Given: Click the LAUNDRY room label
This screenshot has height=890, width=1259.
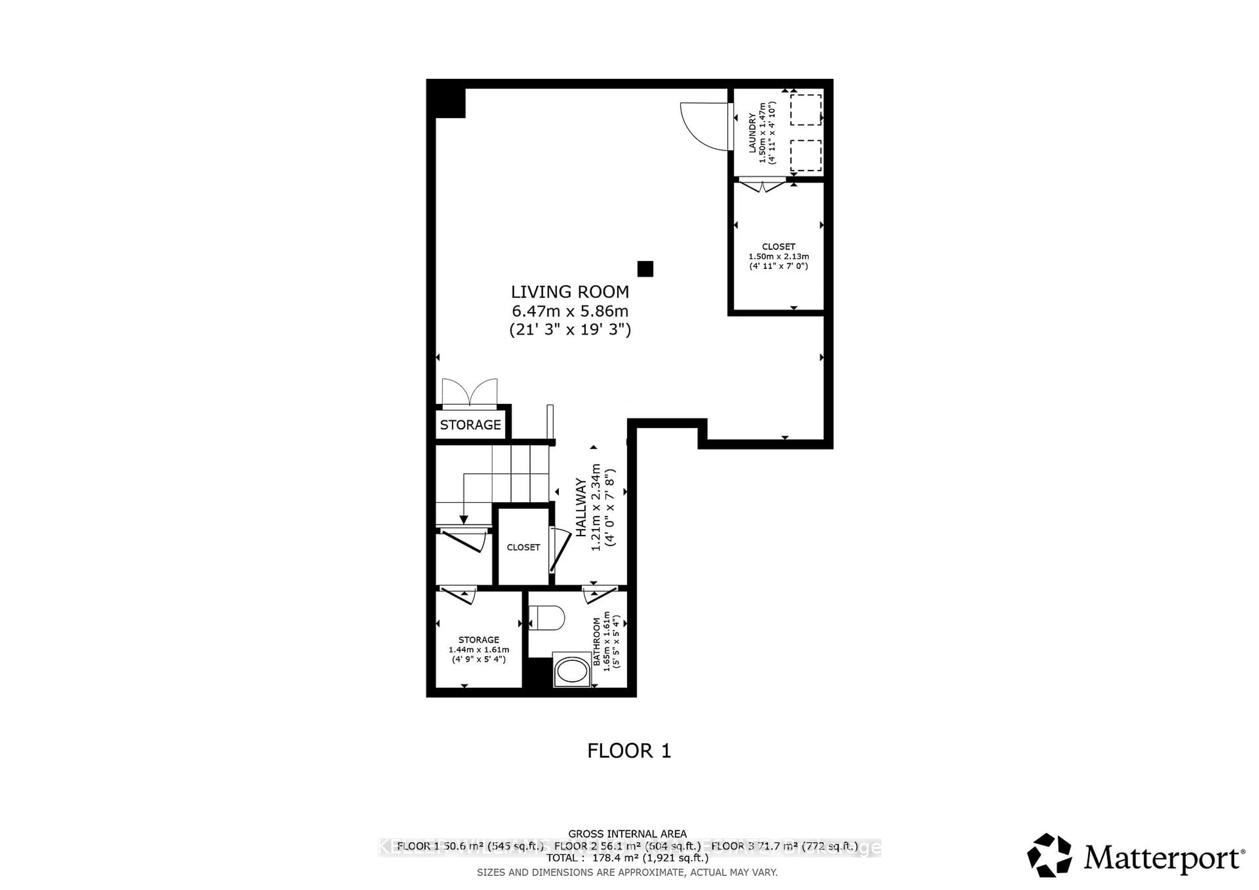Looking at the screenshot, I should tap(752, 133).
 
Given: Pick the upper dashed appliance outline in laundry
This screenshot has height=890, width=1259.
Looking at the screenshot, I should tap(806, 109).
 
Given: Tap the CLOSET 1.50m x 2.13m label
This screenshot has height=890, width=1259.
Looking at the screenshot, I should tap(779, 256).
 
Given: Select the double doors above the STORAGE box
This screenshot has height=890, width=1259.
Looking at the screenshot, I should tap(470, 392).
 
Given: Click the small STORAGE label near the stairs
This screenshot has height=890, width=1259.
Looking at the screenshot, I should tap(470, 425).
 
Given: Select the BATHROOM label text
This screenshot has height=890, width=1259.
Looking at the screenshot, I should tap(597, 641).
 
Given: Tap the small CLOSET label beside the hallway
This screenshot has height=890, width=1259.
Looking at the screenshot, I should tap(523, 547).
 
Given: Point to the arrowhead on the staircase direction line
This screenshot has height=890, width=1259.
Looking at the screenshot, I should tap(464, 519).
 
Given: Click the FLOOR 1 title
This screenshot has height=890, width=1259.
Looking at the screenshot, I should tap(629, 750).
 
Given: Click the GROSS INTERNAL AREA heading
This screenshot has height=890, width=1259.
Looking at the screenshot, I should tap(627, 834).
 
